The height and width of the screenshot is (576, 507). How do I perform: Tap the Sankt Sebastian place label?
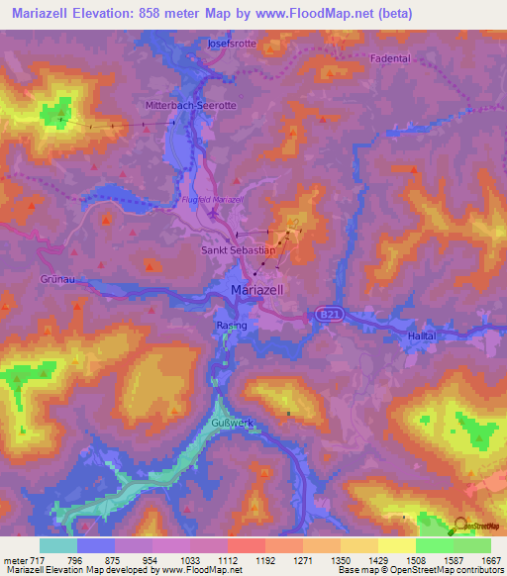(239, 251)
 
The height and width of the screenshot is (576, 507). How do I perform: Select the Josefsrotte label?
(232, 45)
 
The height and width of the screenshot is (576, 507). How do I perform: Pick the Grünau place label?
(57, 280)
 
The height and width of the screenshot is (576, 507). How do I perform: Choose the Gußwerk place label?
(233, 423)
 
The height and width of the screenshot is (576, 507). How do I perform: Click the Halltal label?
(422, 337)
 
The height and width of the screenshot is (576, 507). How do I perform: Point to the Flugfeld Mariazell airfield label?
(214, 201)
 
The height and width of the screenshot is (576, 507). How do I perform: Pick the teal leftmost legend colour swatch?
(58, 544)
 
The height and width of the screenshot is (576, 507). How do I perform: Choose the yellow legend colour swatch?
(396, 544)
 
